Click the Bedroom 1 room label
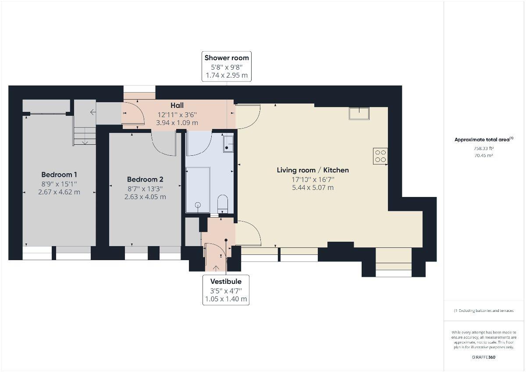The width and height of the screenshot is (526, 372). click(59, 174)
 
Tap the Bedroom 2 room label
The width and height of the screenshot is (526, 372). click(145, 179)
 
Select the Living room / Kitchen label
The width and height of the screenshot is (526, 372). click(313, 170)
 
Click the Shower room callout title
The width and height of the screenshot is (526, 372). click(227, 57)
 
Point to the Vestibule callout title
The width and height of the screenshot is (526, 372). click(226, 281)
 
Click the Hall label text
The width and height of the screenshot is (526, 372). click(177, 105)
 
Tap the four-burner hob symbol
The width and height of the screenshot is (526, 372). click(380, 156)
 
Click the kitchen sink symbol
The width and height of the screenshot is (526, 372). click(359, 113)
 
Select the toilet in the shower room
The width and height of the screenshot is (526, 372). click(223, 204)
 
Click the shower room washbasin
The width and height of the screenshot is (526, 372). click(228, 143)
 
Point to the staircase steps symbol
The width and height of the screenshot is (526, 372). click(85, 135)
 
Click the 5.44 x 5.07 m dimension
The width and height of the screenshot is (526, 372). click(313, 187)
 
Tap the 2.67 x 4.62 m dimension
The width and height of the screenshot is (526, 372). click(59, 192)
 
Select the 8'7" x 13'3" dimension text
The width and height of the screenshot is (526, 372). click(145, 188)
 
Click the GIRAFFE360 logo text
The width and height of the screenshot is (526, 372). click(483, 357)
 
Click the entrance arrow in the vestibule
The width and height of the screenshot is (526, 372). click(216, 268)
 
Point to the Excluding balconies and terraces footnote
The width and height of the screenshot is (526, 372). click(484, 311)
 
